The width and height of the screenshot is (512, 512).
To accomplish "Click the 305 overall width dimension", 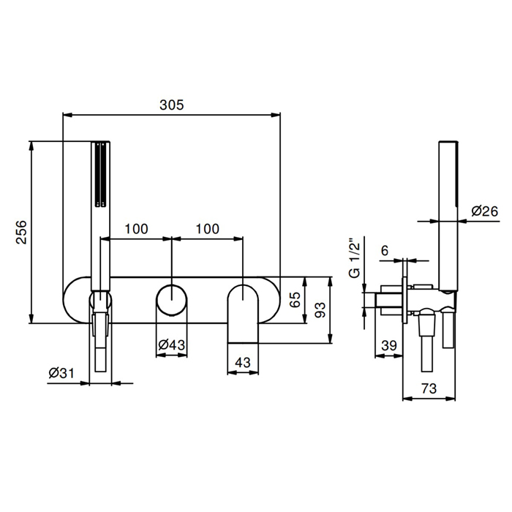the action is point(171,105).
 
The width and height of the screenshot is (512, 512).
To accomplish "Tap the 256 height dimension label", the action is point(21,232).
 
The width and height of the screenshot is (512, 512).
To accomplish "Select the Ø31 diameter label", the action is point(61,373).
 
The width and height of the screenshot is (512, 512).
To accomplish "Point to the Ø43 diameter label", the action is point(171,345).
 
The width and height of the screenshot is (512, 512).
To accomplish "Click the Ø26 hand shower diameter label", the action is point(484,211).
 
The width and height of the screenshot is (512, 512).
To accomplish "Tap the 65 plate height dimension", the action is point(295,300).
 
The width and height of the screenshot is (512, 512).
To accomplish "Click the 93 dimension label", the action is point(320,310).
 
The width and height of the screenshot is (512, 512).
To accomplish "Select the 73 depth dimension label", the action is point(429,388).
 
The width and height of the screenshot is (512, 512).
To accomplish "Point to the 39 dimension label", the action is point(389,345).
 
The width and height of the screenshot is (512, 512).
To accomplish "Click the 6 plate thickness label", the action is point(385,251).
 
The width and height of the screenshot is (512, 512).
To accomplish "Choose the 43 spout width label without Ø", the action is point(243,363).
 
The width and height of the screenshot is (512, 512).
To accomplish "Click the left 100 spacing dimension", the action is point(136,229).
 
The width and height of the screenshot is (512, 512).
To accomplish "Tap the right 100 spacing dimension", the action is point(207,229).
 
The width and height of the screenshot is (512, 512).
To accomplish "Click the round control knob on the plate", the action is point(172,300).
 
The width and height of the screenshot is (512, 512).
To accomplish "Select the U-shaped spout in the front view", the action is point(243,314).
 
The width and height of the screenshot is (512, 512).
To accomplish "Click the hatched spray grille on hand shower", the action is point(100,174).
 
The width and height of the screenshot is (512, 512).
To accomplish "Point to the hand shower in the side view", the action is point(448,216).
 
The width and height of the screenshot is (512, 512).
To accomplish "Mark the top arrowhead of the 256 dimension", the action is point(31,146).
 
